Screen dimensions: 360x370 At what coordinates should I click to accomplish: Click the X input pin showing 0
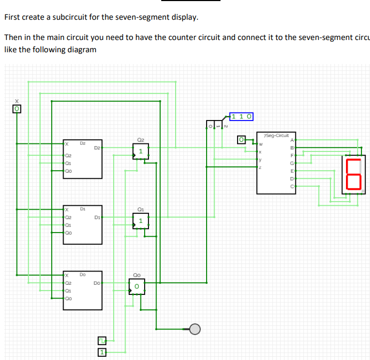pyautogui.click(x=17, y=109)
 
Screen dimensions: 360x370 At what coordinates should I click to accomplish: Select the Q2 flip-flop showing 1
pyautogui.click(x=140, y=151)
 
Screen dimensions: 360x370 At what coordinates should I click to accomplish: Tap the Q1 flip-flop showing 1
pyautogui.click(x=140, y=220)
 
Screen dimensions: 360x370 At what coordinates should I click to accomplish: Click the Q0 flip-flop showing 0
pyautogui.click(x=137, y=287)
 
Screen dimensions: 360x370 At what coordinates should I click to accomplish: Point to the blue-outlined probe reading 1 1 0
pyautogui.click(x=242, y=116)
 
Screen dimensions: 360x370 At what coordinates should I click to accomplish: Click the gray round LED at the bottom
pyautogui.click(x=194, y=329)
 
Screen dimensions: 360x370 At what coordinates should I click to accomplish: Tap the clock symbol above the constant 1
pyautogui.click(x=102, y=340)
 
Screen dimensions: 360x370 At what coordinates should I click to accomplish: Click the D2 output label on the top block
pyautogui.click(x=97, y=147)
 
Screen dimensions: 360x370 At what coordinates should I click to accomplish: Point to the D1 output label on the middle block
pyautogui.click(x=97, y=217)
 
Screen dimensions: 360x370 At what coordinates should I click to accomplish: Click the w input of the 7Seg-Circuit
pyautogui.click(x=261, y=144)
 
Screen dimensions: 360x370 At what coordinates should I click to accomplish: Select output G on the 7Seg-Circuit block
pyautogui.click(x=292, y=163)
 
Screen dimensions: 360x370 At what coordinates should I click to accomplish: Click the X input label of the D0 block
pyautogui.click(x=67, y=275)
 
